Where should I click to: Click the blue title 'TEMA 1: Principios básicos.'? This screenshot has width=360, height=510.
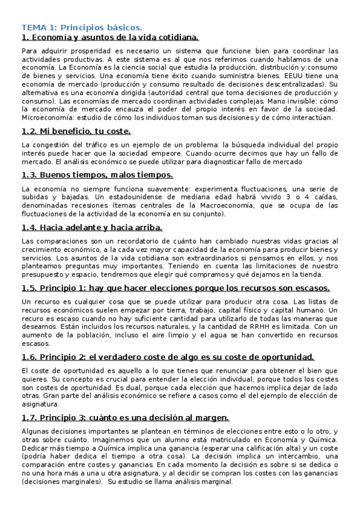(82, 27)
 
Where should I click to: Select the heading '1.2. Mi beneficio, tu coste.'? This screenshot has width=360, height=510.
(76, 131)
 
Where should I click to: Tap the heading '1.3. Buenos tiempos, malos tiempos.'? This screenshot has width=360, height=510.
(97, 174)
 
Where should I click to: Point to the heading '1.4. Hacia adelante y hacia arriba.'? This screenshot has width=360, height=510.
(92, 227)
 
